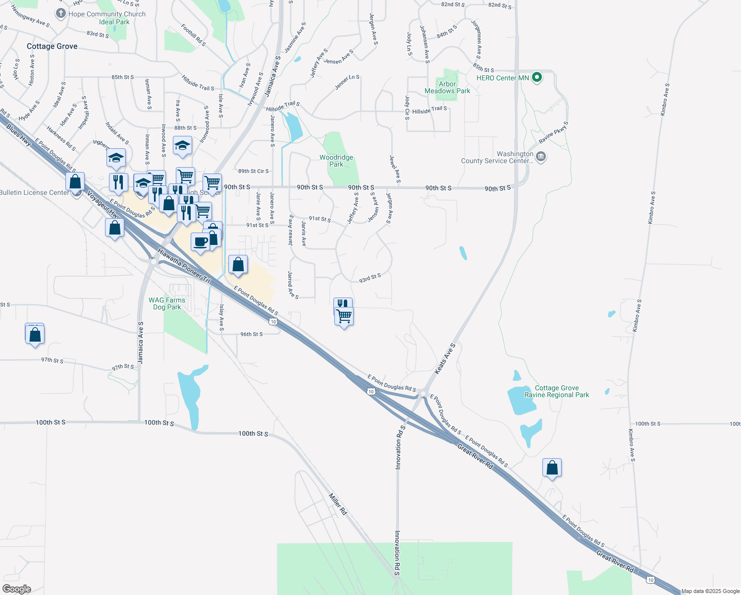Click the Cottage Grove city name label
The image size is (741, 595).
(52, 46)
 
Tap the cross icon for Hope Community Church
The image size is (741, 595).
(61, 13)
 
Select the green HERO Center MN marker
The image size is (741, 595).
(536, 77)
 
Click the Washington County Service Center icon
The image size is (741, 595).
(541, 157)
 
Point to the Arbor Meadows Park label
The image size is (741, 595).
(447, 87)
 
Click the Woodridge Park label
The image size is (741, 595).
(336, 161)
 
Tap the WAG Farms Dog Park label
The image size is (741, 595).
(167, 303)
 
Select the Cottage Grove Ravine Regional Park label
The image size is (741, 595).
(557, 392)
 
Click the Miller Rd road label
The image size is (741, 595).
(338, 504)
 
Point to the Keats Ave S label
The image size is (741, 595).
(445, 358)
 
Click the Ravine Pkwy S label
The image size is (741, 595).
(553, 132)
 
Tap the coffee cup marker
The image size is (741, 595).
(200, 242)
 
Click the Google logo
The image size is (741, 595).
(17, 589)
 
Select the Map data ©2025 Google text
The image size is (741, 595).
(710, 591)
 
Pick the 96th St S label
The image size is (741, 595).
(252, 334)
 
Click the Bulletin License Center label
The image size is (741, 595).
(35, 192)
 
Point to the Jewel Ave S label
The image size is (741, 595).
(395, 169)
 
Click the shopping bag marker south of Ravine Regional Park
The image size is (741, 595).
(552, 468)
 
